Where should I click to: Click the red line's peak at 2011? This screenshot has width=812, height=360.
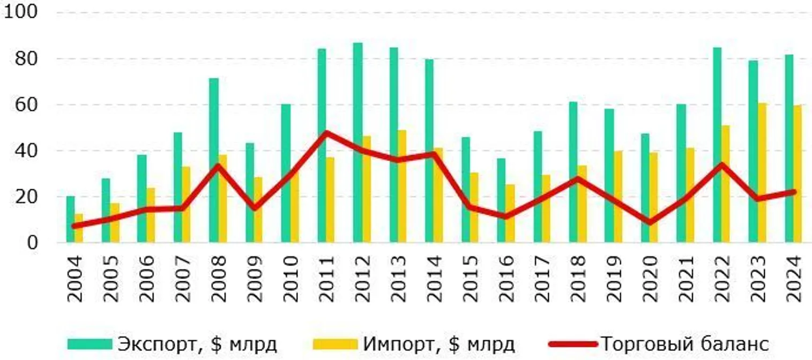(326, 132)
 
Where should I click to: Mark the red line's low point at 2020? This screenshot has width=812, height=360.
(649, 222)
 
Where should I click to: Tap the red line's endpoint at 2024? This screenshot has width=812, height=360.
(793, 192)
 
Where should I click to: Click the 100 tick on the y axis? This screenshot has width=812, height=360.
(20, 12)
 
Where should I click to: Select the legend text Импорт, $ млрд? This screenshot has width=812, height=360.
(438, 344)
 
